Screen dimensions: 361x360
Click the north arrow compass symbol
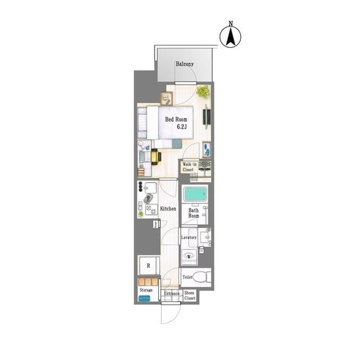click(230, 37)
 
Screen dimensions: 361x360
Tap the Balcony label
click(184, 64)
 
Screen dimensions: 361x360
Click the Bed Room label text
click(176, 119)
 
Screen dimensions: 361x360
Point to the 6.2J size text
click(182, 126)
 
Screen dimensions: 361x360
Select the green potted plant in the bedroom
click(203, 91)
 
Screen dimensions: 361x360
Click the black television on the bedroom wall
click(206, 116)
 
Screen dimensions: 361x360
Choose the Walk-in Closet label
click(190, 167)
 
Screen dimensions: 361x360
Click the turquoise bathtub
click(195, 194)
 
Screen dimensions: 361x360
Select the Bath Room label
click(193, 213)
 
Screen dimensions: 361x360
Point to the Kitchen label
click(168, 209)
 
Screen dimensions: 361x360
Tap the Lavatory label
click(189, 237)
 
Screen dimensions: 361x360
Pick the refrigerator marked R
click(149, 265)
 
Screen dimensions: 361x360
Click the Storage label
click(146, 290)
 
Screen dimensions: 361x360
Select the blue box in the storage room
click(144, 299)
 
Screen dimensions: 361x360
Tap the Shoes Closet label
click(190, 295)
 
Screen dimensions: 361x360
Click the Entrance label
click(171, 294)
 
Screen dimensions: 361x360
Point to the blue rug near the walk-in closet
click(206, 149)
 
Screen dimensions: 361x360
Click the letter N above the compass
click(231, 23)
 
